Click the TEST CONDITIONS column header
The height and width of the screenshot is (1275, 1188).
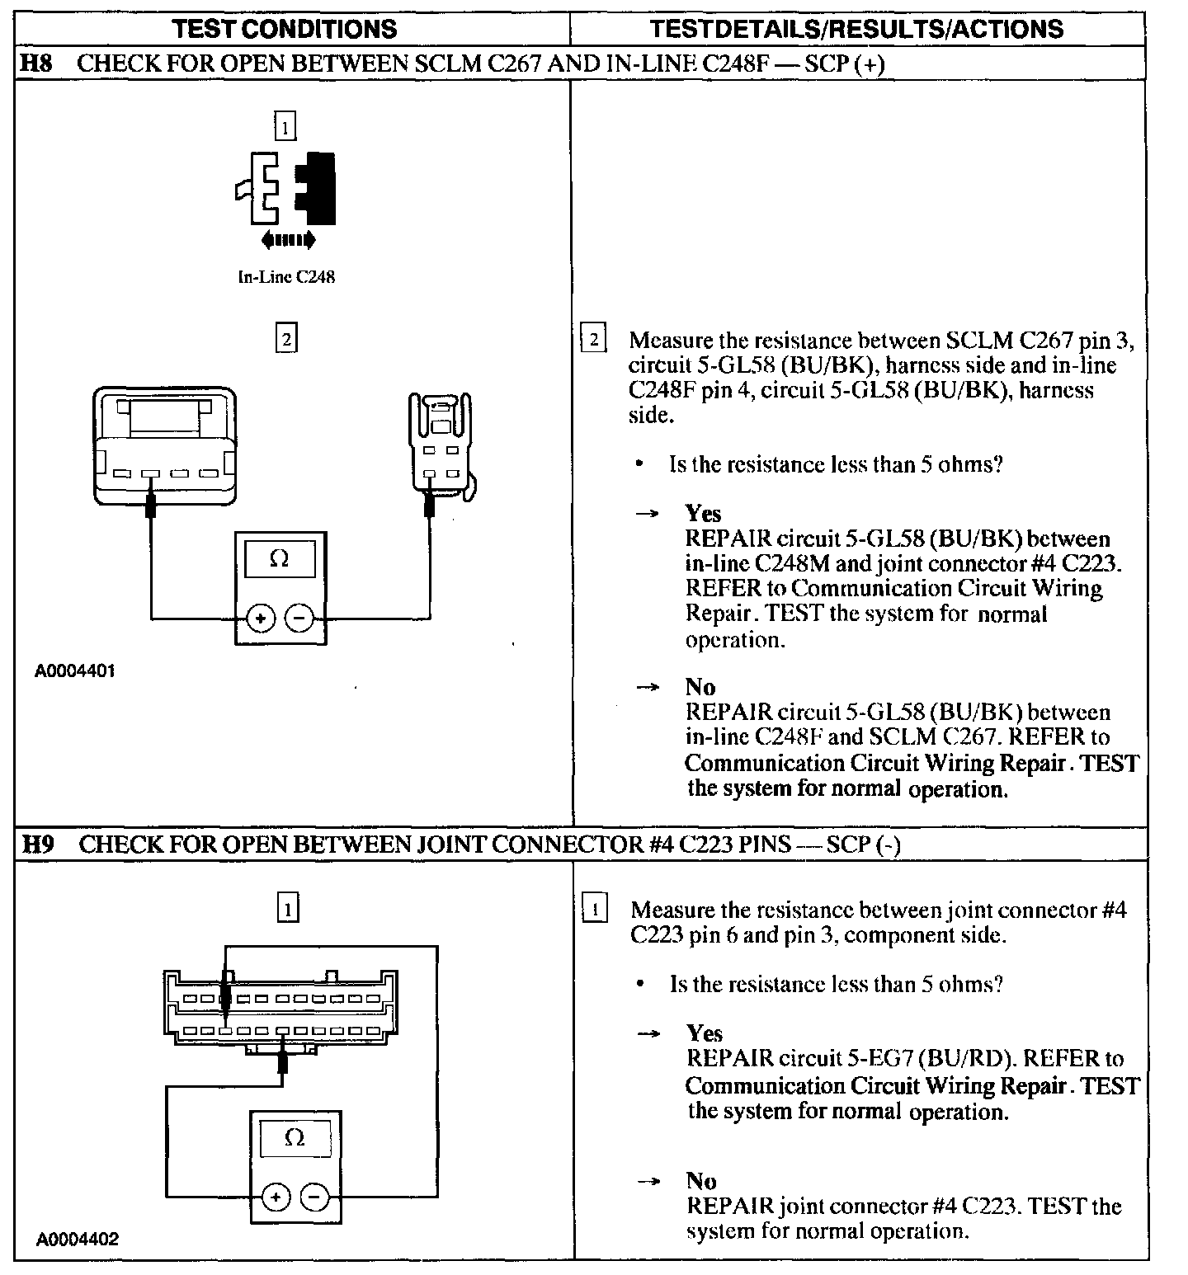(285, 30)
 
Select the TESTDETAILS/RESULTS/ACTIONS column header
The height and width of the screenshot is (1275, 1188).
(856, 30)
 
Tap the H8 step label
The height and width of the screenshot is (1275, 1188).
(35, 64)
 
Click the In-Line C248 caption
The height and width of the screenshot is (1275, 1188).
(285, 277)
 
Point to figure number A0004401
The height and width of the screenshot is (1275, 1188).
(74, 670)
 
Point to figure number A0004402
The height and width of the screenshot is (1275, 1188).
(77, 1239)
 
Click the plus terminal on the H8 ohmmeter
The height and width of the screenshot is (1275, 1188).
(260, 618)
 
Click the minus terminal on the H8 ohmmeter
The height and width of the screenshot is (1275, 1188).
(299, 618)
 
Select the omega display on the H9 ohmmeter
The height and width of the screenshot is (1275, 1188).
(295, 1139)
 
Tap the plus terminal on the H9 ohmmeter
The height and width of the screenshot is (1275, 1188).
(276, 1197)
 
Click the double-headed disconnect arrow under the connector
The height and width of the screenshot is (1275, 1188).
(287, 240)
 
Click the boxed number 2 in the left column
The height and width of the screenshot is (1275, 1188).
(285, 339)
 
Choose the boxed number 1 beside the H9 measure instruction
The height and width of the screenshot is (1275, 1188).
(594, 910)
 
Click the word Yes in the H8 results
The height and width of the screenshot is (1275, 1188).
(703, 514)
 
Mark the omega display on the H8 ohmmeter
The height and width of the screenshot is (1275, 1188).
(280, 560)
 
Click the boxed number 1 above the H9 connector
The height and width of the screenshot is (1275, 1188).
(287, 908)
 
